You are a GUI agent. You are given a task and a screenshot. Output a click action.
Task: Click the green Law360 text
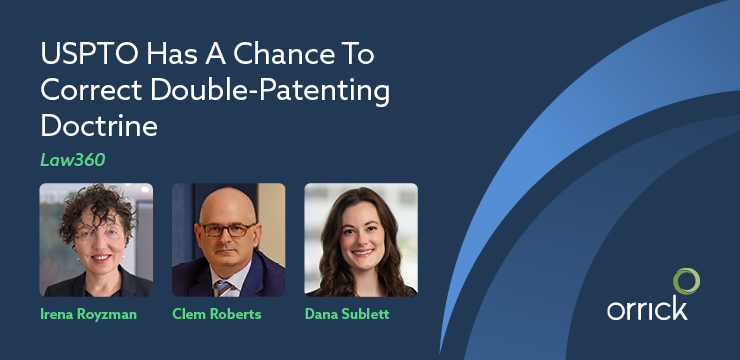pos(67,161)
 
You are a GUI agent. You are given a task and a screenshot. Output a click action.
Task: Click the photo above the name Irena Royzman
pos(96,239)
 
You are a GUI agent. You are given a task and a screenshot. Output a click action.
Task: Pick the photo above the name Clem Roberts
pos(228,239)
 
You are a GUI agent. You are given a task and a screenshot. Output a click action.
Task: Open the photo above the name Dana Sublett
pos(360,239)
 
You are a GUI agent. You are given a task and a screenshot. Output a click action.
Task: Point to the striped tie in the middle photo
pos(226,286)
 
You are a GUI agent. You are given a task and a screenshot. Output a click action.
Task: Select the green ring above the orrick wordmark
pos(685,281)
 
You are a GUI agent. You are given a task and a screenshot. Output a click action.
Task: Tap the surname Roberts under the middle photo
pos(240,314)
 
